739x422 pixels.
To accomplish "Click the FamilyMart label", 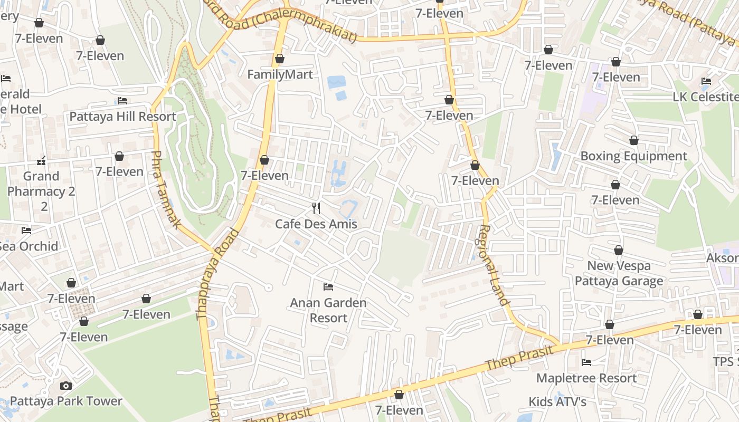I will (280, 74).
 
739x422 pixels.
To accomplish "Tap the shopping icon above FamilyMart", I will (280, 59).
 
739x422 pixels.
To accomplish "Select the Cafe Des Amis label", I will (316, 224).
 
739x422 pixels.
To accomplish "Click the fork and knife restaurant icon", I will (316, 208).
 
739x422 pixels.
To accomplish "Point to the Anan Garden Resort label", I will (328, 310).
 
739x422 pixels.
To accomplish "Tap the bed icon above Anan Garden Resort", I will (328, 287).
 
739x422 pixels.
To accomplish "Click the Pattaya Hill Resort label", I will (122, 117).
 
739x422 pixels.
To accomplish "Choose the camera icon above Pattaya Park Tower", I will (66, 386).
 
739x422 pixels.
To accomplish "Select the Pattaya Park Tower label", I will (66, 401).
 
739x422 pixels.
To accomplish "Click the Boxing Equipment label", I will (633, 156).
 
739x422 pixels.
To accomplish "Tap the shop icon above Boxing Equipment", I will (633, 140).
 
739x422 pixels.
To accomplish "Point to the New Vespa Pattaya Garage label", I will (619, 273).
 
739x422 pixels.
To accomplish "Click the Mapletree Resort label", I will (586, 378).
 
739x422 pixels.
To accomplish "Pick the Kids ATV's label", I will (557, 402).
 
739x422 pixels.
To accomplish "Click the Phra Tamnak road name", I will (166, 190).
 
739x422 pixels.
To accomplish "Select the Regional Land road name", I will (494, 265).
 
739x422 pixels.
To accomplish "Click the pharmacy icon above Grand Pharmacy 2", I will (41, 160).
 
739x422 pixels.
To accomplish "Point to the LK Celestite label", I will (705, 97).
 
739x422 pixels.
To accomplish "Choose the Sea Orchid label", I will (29, 246).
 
